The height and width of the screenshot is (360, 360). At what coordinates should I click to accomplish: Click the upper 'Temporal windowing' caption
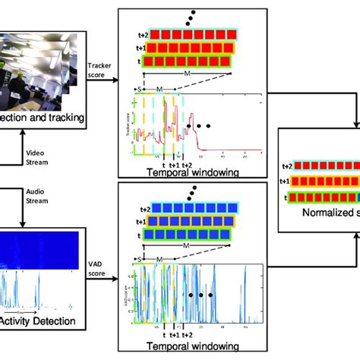coord(189,172)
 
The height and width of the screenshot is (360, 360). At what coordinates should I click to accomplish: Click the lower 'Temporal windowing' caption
coord(189,352)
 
